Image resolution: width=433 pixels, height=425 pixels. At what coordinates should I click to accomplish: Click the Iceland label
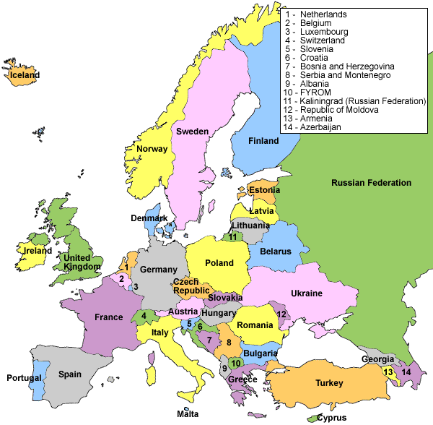(x=25, y=74)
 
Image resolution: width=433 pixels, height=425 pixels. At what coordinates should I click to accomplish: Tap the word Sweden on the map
(x=192, y=132)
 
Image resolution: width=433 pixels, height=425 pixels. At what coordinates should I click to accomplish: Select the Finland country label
(x=263, y=141)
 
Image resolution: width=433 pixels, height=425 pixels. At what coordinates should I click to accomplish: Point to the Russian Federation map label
(x=371, y=183)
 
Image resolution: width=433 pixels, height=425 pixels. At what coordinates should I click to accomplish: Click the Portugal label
(x=24, y=378)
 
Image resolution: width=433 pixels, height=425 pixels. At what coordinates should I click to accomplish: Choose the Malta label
(x=187, y=414)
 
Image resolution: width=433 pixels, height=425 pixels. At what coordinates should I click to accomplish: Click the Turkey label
(x=332, y=382)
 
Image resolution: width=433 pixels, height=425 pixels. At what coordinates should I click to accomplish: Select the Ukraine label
(x=307, y=293)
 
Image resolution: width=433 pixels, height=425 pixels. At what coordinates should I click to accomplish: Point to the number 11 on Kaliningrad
(x=232, y=236)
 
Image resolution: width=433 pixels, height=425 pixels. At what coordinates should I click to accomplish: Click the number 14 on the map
(x=406, y=372)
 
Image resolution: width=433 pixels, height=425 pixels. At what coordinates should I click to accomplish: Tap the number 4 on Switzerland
(x=144, y=315)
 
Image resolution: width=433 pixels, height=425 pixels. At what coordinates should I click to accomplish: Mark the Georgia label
(x=377, y=359)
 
